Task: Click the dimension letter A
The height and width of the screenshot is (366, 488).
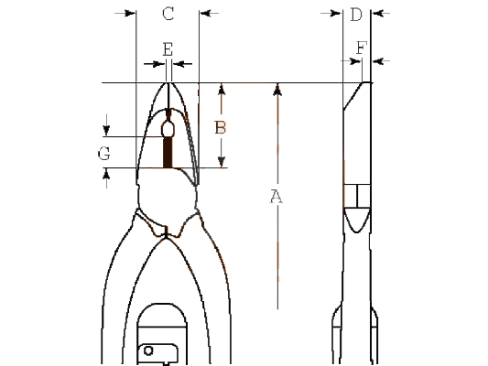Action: click(276, 197)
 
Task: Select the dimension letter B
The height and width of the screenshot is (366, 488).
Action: click(221, 127)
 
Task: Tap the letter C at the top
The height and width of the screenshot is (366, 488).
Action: click(168, 14)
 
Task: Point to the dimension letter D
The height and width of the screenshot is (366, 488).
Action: click(356, 15)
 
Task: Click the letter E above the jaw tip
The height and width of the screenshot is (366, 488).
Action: click(168, 49)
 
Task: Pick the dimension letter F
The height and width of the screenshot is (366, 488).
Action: click(362, 48)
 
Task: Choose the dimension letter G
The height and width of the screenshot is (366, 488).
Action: click(104, 154)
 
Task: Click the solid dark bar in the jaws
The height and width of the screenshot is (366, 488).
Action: click(168, 153)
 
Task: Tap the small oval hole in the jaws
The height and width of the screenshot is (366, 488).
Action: click(168, 129)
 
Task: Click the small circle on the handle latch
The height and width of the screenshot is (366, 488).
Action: click(148, 350)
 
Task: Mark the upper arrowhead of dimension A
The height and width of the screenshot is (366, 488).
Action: click(278, 91)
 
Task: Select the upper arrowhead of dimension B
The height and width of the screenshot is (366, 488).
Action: click(222, 90)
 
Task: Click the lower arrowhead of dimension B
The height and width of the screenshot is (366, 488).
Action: click(222, 162)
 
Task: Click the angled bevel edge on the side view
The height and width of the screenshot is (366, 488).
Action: click(353, 96)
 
